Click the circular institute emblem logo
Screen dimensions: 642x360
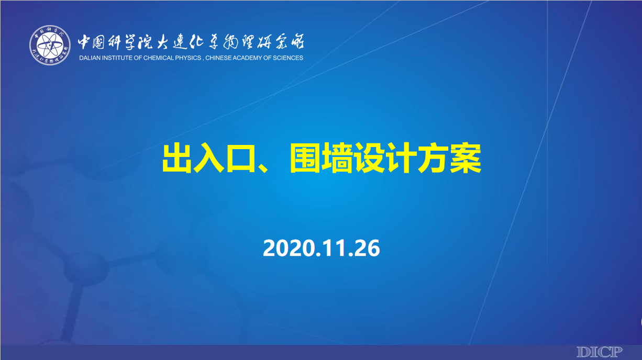[50, 45]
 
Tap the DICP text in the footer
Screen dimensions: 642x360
[600, 352]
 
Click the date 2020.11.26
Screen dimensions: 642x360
[322, 248]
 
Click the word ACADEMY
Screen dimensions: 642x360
[248, 58]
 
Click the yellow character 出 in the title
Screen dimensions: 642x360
[176, 159]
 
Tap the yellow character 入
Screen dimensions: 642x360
[209, 159]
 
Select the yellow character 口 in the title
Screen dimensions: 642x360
[241, 159]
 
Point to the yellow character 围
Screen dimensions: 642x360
[305, 159]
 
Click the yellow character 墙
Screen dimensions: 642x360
[337, 159]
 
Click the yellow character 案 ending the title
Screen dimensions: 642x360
[466, 159]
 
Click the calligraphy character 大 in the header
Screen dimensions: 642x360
[164, 42]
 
